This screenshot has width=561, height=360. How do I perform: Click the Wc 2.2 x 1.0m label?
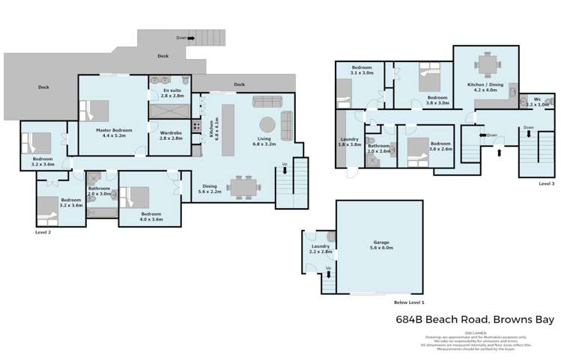click(537, 102)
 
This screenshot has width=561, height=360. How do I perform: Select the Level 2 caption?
click(43, 233)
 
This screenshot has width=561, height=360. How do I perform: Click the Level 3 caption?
click(547, 183)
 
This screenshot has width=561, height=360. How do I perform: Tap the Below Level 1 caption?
click(409, 302)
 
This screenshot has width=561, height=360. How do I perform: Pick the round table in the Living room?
click(267, 124)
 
